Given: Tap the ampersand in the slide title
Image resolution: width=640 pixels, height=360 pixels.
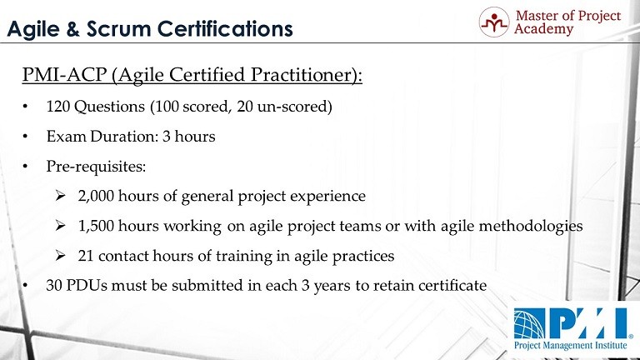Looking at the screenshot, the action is pos(72,29).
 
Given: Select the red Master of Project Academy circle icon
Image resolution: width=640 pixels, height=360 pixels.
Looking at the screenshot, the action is pos(494,22).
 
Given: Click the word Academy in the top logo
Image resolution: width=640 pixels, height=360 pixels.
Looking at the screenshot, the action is pos(543,29).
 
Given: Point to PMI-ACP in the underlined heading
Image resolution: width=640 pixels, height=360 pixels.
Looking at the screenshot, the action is pos(64,75).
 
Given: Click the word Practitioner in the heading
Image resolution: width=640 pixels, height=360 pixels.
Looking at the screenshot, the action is pos(301,75).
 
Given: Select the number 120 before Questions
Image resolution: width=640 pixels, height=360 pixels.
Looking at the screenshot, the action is pos(58,107).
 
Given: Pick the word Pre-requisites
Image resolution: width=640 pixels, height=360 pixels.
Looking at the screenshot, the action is pos(96,167).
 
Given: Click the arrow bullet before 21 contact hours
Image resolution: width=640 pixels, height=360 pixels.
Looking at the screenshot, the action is pos(60,256).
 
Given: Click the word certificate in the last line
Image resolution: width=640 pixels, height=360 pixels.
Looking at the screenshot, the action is pos(452,285).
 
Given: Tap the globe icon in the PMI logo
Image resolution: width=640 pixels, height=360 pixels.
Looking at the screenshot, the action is pos(529,324).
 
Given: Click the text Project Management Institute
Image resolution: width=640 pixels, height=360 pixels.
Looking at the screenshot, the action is pos(571,345).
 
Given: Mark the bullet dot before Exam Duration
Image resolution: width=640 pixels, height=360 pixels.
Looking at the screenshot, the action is pos(25,137).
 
